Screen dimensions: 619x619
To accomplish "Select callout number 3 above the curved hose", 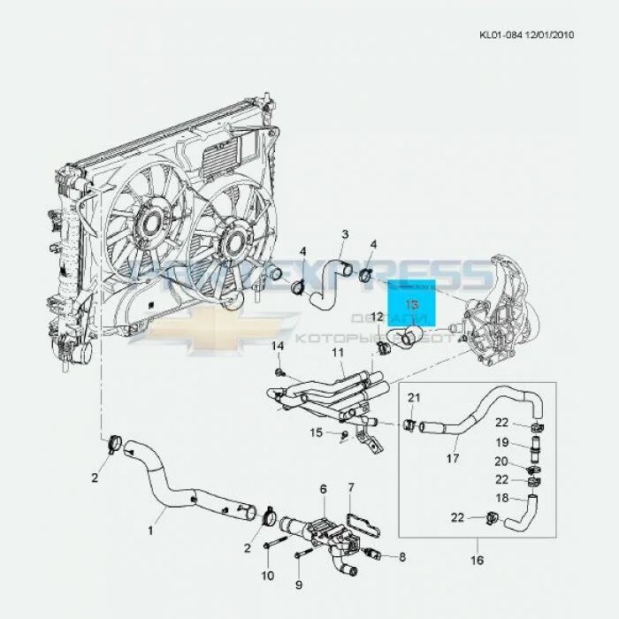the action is [345, 234].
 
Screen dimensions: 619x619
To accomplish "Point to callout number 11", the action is [337, 353].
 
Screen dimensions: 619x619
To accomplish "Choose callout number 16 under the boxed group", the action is [477, 560].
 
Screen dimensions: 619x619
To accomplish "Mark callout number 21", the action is [413, 398].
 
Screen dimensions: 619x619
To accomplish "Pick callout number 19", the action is [501, 442].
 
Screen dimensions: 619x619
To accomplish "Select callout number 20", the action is [501, 462].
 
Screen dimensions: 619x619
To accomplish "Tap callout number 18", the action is [501, 500].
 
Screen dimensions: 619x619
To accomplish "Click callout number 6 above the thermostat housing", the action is [323, 488].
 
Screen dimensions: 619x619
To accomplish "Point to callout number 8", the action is [402, 557].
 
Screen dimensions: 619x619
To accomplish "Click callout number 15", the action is [317, 432].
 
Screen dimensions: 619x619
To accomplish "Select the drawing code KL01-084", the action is [500, 35].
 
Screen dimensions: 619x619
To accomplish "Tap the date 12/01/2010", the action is [550, 35].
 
